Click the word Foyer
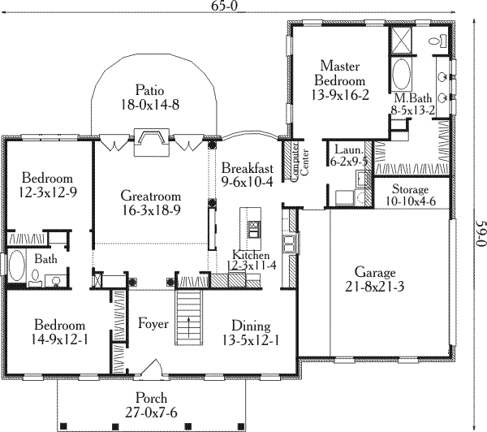pos(153,324)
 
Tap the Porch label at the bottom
pos(153,398)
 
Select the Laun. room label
pos(344,149)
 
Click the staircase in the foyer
pos(189,313)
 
